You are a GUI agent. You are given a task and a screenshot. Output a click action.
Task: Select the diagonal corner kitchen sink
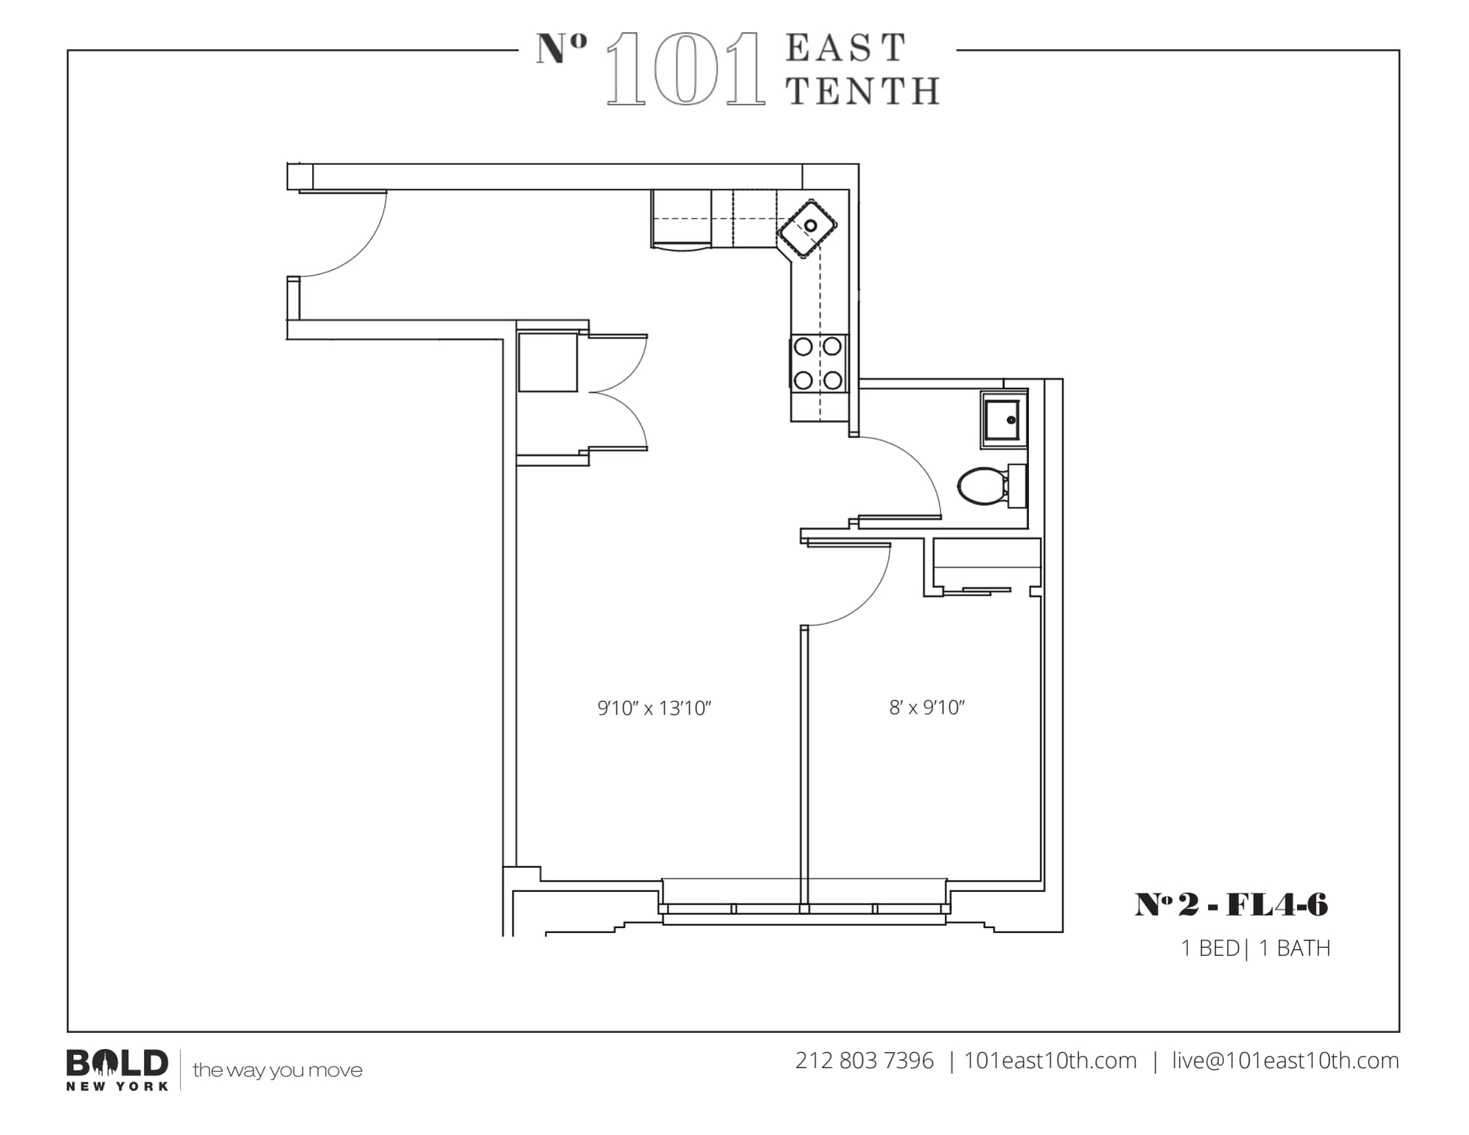tap(808, 227)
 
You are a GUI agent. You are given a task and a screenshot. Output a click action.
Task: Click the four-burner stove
tap(818, 363)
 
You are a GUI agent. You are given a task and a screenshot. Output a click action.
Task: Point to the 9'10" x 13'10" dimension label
tap(654, 708)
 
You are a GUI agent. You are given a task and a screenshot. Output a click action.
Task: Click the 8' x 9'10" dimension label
tap(926, 707)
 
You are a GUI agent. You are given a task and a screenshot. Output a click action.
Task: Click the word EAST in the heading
tap(846, 48)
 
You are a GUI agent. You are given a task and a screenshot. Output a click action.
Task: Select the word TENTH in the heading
tap(863, 92)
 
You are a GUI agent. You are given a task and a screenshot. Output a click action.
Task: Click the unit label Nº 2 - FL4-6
tap(1231, 904)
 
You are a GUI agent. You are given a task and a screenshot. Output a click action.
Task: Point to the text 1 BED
tap(1210, 949)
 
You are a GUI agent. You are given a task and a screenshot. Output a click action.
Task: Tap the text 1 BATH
tap(1294, 949)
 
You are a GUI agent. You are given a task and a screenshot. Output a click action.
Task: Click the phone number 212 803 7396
tap(864, 1061)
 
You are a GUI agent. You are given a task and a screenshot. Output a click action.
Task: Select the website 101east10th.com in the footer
tap(1050, 1061)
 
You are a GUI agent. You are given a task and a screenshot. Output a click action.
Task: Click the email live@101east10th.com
tap(1285, 1061)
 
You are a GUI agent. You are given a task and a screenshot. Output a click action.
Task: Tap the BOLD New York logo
tap(118, 1069)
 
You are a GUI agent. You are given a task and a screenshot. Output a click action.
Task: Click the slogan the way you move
tap(278, 1070)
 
